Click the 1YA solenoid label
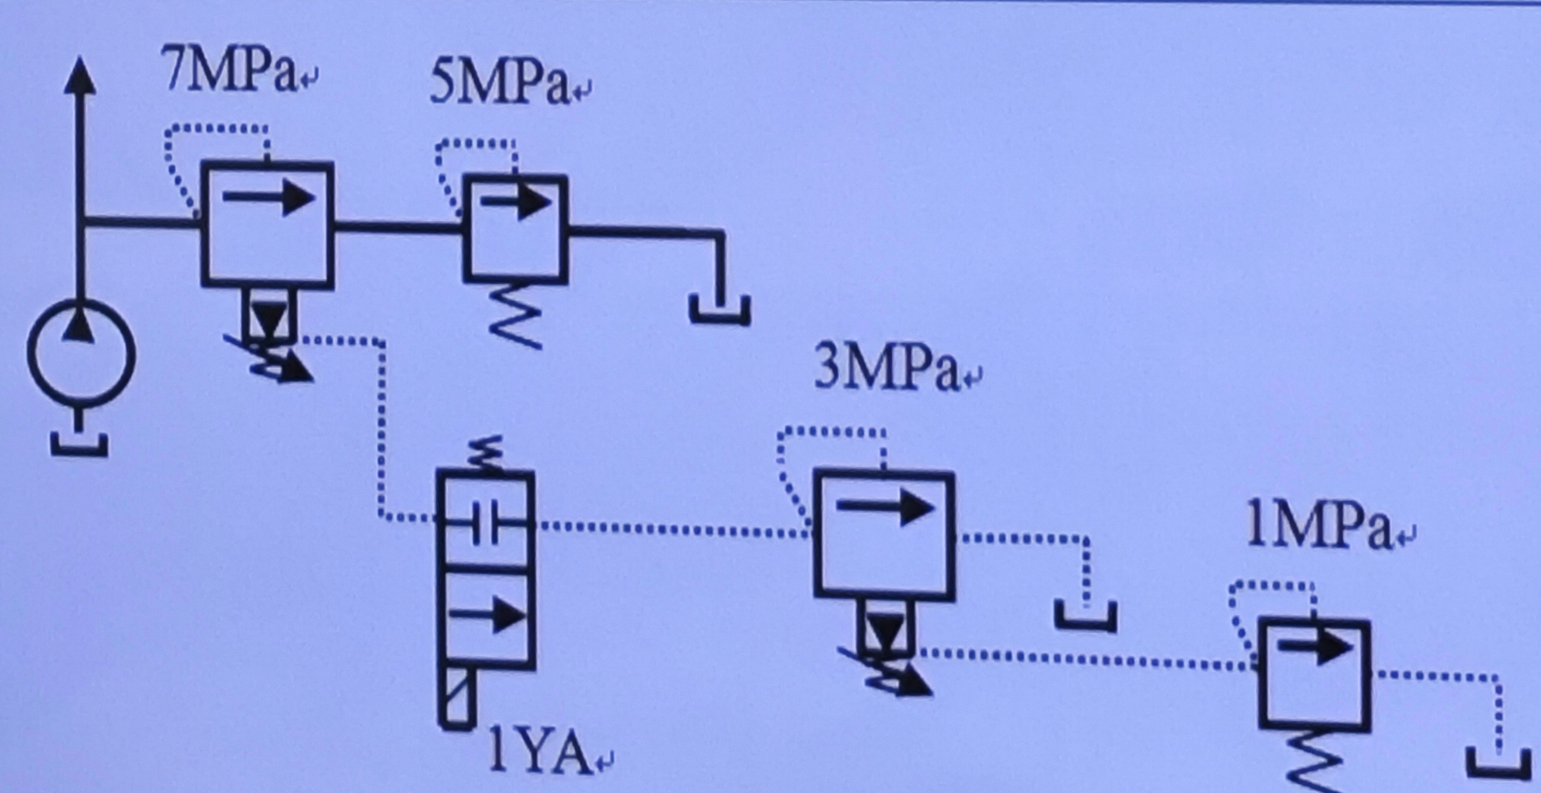537,758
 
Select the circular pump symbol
81,355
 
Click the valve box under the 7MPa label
267,225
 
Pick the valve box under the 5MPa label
515,228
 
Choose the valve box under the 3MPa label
884,535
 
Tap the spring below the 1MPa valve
1314,762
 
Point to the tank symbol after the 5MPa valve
720,310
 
